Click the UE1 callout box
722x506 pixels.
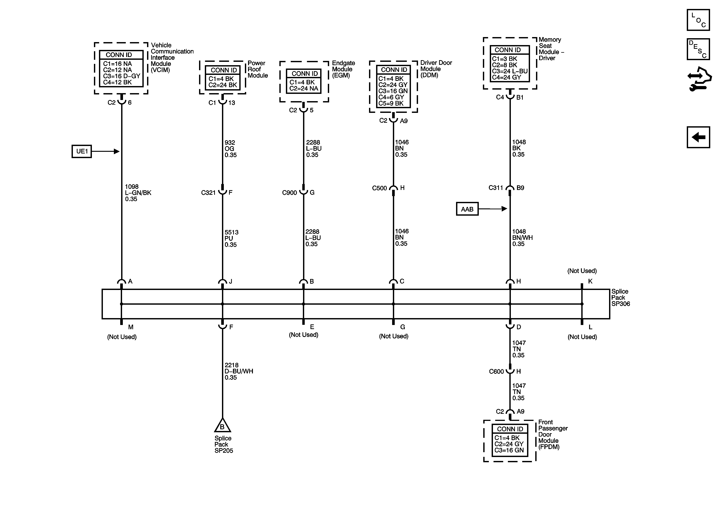82,151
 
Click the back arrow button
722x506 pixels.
698,137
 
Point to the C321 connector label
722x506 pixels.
208,193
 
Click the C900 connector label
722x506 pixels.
289,193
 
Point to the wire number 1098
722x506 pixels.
132,187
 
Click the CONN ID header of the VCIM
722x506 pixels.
119,55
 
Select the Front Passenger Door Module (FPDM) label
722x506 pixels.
553,434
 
